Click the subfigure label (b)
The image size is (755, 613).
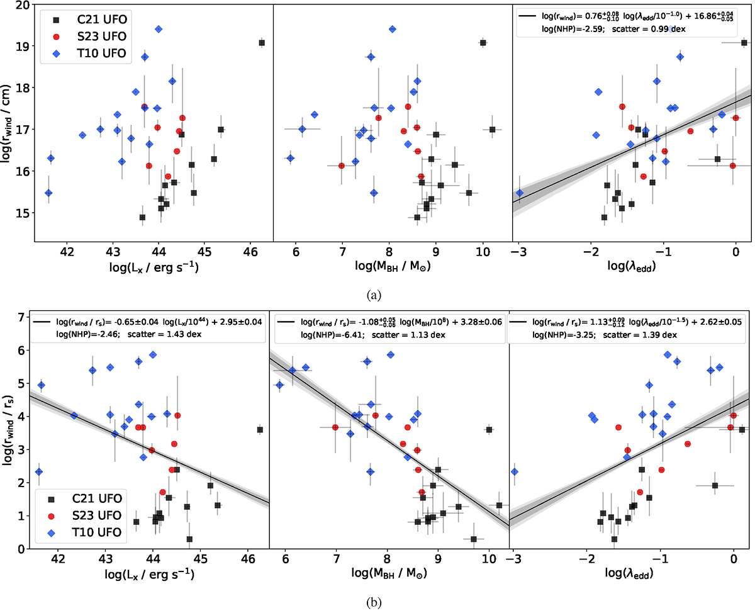coord(377,602)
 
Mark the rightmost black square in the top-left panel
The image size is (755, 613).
coord(262,43)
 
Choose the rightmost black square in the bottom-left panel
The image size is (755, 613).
coord(260,430)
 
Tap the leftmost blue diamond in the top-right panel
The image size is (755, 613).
coord(520,193)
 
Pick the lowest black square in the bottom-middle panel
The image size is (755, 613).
coord(474,539)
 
